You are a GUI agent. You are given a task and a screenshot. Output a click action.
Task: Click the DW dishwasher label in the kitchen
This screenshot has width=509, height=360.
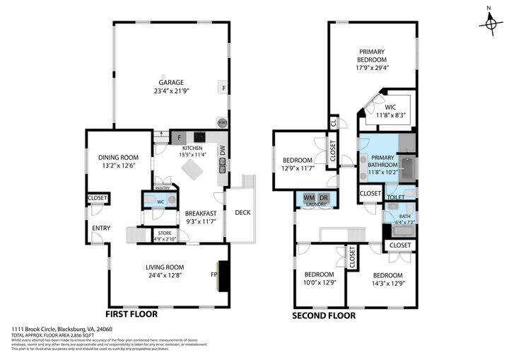pos(223,151)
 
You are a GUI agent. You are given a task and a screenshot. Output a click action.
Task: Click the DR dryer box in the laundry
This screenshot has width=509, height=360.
pos(324,197)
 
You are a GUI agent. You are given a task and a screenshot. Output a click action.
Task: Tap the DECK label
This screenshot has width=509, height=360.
pos(242,212)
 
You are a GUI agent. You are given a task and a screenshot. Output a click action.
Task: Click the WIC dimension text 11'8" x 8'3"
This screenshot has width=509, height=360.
pos(390,115)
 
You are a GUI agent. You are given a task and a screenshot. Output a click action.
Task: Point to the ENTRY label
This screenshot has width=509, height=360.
pos(101,227)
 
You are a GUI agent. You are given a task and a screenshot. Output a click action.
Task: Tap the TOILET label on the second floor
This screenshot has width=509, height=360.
pos(396,198)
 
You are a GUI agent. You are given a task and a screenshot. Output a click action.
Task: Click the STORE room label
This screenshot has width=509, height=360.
pos(165,232)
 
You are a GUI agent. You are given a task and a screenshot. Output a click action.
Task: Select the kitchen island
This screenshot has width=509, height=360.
pos(193,170)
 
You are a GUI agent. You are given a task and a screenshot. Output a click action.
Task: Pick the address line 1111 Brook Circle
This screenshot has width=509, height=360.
pos(62,329)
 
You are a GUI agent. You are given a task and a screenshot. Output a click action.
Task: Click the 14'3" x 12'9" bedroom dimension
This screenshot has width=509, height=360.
pos(387,284)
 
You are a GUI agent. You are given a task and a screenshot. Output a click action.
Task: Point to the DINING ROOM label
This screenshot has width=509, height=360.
pos(118,157)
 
